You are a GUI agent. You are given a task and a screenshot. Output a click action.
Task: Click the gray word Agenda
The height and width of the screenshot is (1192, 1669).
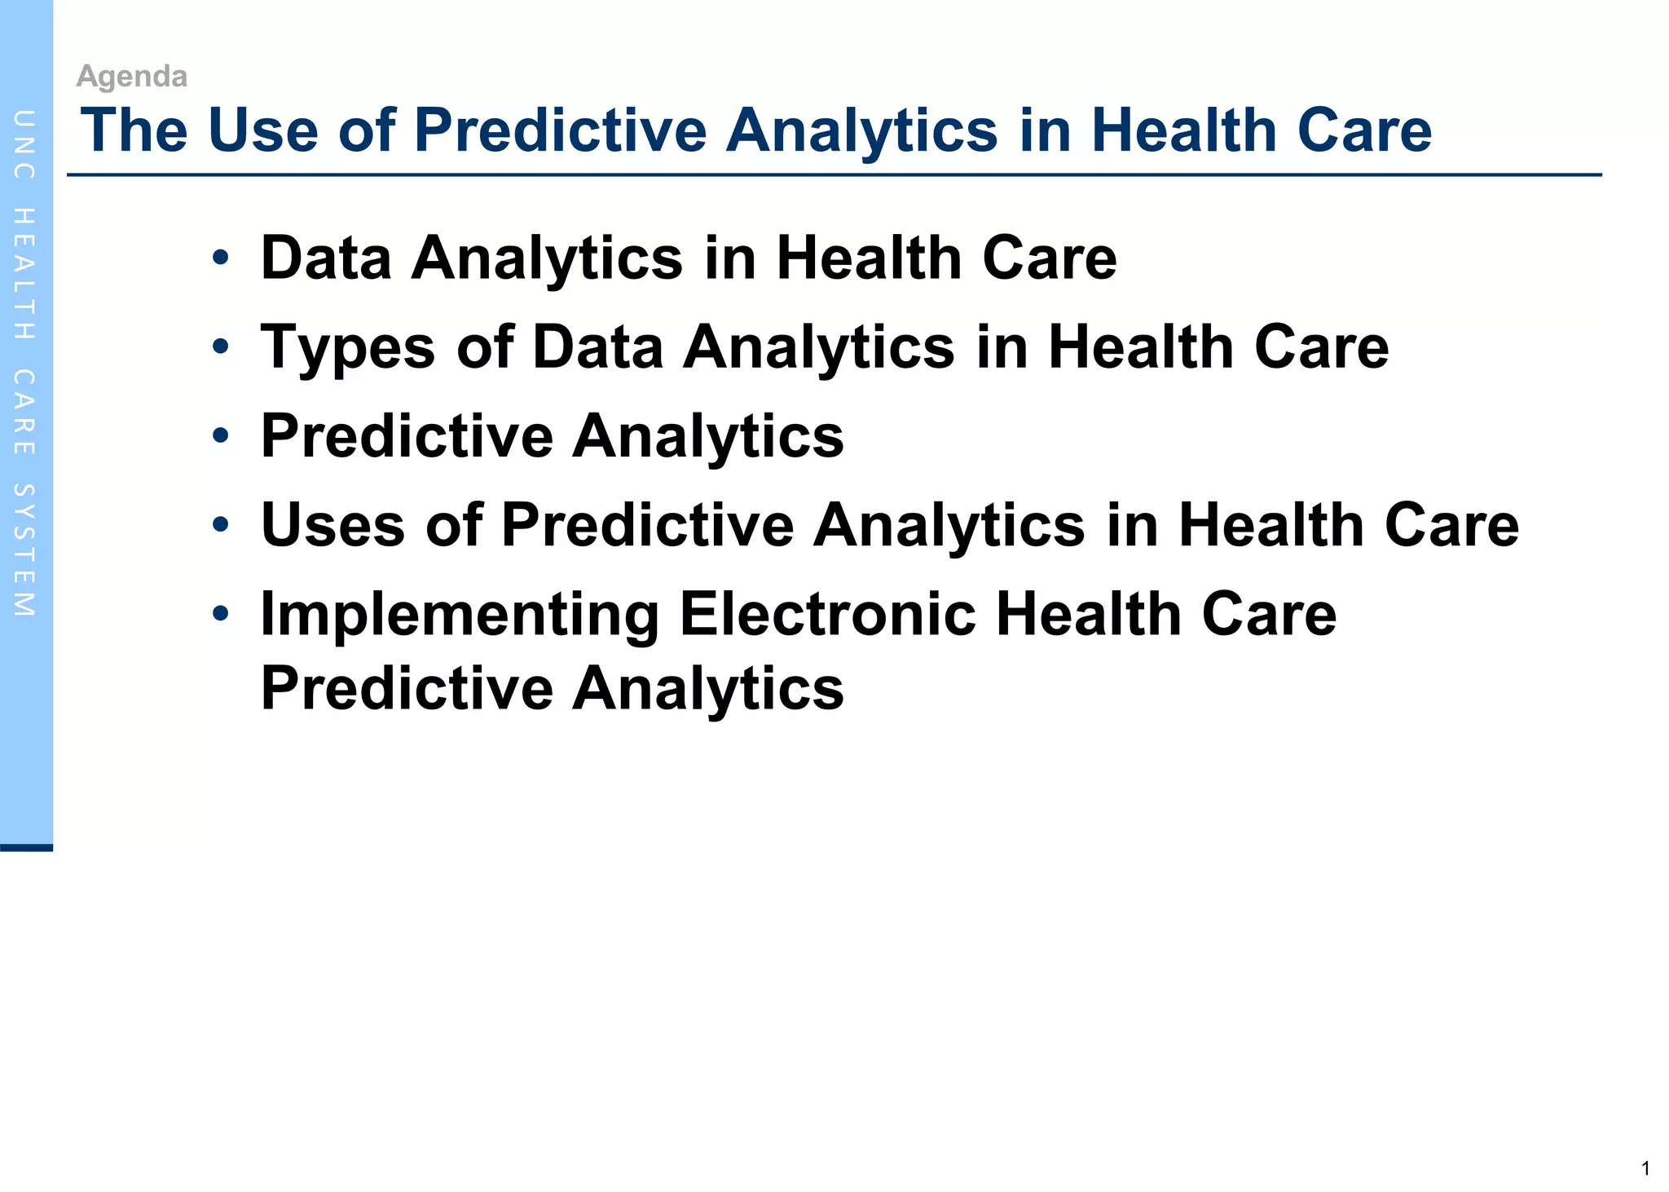tap(131, 77)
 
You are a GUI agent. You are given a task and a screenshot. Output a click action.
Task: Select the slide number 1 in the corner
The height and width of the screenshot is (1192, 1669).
tap(1645, 1168)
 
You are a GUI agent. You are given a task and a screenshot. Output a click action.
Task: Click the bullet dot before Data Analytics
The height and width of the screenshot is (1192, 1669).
tap(220, 258)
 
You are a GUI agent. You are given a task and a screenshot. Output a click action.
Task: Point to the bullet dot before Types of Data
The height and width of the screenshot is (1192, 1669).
tap(220, 347)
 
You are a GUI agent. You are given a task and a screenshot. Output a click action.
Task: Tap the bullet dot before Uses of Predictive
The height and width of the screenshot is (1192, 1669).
tap(220, 524)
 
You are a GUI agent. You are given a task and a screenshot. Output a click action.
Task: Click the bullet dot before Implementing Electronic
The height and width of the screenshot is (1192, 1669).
tap(220, 613)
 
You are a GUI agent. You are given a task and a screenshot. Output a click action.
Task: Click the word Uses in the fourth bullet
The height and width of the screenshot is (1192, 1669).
tap(332, 524)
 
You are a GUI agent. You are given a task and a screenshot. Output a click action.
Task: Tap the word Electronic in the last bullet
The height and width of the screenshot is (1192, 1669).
tap(827, 613)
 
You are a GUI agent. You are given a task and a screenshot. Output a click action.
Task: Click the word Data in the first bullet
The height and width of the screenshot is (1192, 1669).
tap(326, 258)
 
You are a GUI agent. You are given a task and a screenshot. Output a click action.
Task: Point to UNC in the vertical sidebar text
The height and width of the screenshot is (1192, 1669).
tap(24, 144)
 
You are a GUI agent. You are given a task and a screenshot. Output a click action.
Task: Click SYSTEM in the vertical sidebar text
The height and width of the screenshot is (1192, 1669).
tap(24, 550)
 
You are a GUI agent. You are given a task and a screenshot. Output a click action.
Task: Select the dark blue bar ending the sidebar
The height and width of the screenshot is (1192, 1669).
tap(26, 848)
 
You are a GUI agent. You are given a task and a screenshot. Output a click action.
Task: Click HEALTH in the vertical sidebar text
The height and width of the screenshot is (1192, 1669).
tap(24, 274)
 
